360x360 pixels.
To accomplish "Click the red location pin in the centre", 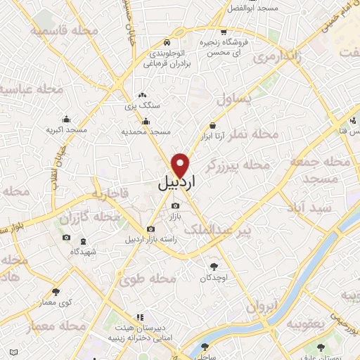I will pyautogui.click(x=181, y=165).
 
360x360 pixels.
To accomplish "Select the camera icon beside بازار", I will pyautogui.click(x=175, y=205).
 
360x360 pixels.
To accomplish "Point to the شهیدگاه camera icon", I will pyautogui.click(x=66, y=238).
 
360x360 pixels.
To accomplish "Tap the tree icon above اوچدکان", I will pyautogui.click(x=214, y=266).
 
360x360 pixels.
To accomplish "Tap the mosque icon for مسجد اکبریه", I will pyautogui.click(x=66, y=118).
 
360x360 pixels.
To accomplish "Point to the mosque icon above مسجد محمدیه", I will pyautogui.click(x=146, y=120).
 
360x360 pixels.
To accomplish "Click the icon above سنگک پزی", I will pyautogui.click(x=142, y=95).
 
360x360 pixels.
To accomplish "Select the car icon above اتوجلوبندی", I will pyautogui.click(x=166, y=41).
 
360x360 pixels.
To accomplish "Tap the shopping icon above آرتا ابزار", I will pyautogui.click(x=212, y=125).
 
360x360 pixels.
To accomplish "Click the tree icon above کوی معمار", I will pyautogui.click(x=56, y=292).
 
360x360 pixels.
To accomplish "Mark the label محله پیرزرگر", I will pyautogui.click(x=238, y=165).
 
